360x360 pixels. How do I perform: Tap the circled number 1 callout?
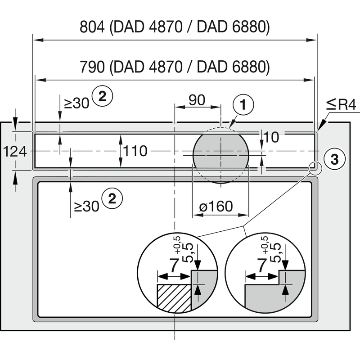[243, 105]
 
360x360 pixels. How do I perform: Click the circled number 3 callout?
[334, 158]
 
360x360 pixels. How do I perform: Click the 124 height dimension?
[15, 152]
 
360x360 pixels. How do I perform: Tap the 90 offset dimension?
[197, 100]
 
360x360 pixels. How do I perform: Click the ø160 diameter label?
[216, 207]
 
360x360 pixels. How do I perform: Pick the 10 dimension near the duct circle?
[271, 137]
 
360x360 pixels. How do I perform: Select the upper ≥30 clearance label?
[77, 103]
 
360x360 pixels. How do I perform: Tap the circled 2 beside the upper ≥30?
[102, 95]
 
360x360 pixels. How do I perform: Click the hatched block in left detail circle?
[174, 297]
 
